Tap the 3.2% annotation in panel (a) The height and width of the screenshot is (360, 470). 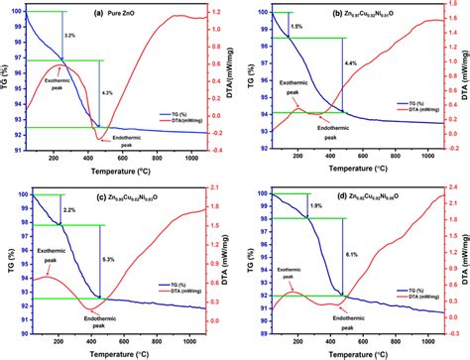pyautogui.click(x=68, y=36)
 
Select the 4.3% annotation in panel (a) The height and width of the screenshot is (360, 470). pyautogui.click(x=108, y=92)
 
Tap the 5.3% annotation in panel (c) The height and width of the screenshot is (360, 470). pyautogui.click(x=108, y=260)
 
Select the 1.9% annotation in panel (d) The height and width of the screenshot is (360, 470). pyautogui.click(x=315, y=205)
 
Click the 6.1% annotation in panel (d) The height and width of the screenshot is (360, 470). pyautogui.click(x=351, y=255)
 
